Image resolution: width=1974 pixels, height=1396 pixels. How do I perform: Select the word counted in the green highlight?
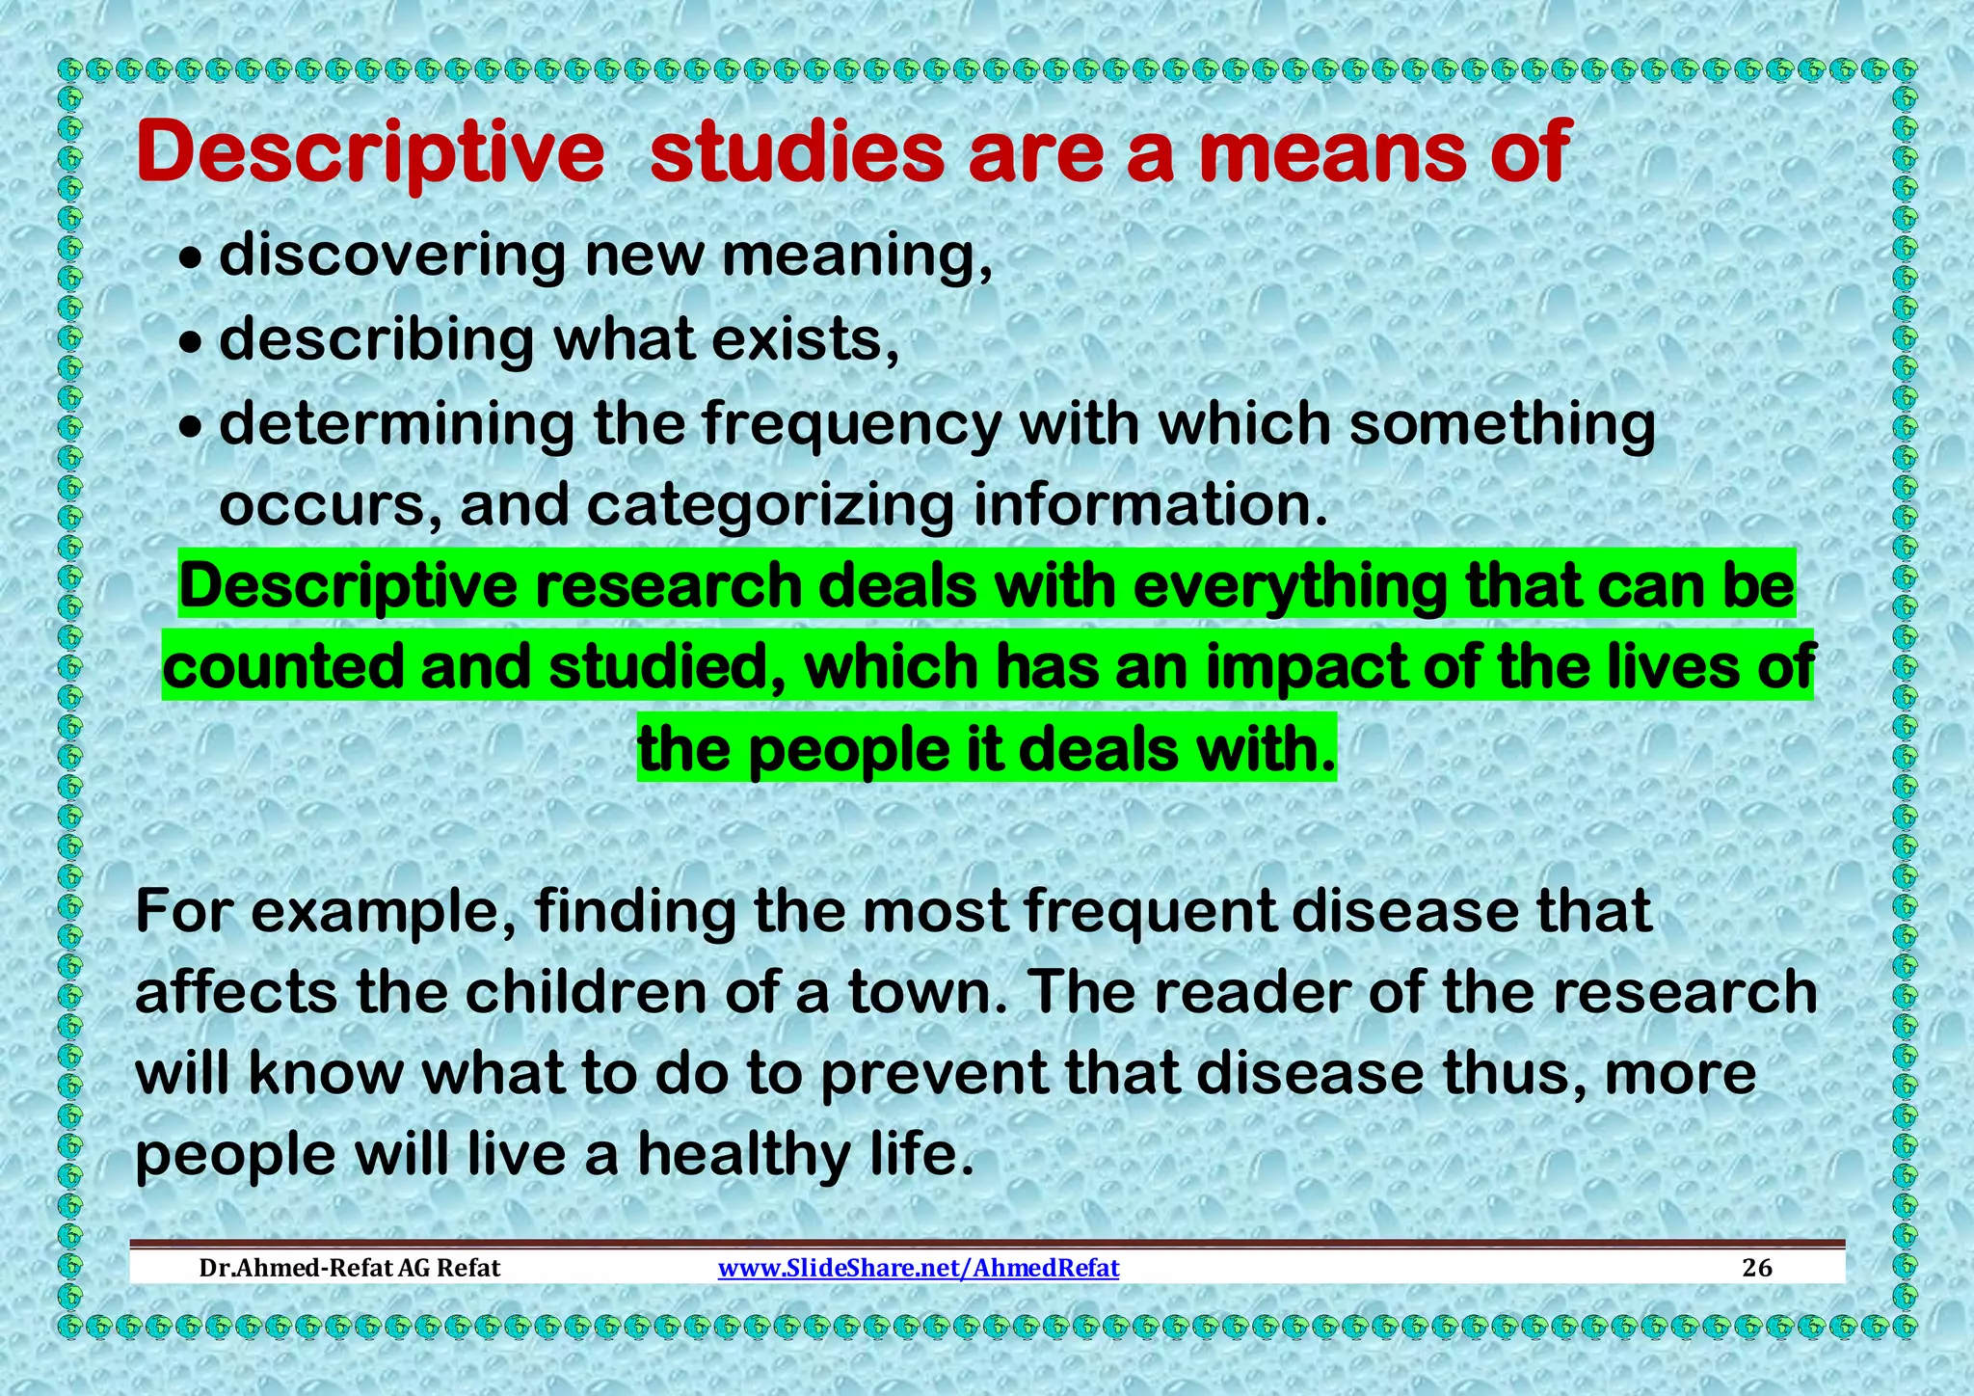point(282,667)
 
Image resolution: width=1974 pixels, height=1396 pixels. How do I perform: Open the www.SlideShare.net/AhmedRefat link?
point(919,1268)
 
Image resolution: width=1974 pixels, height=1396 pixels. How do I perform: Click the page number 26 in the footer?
point(1757,1268)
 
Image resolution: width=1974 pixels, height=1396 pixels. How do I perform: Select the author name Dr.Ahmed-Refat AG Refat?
point(349,1268)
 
